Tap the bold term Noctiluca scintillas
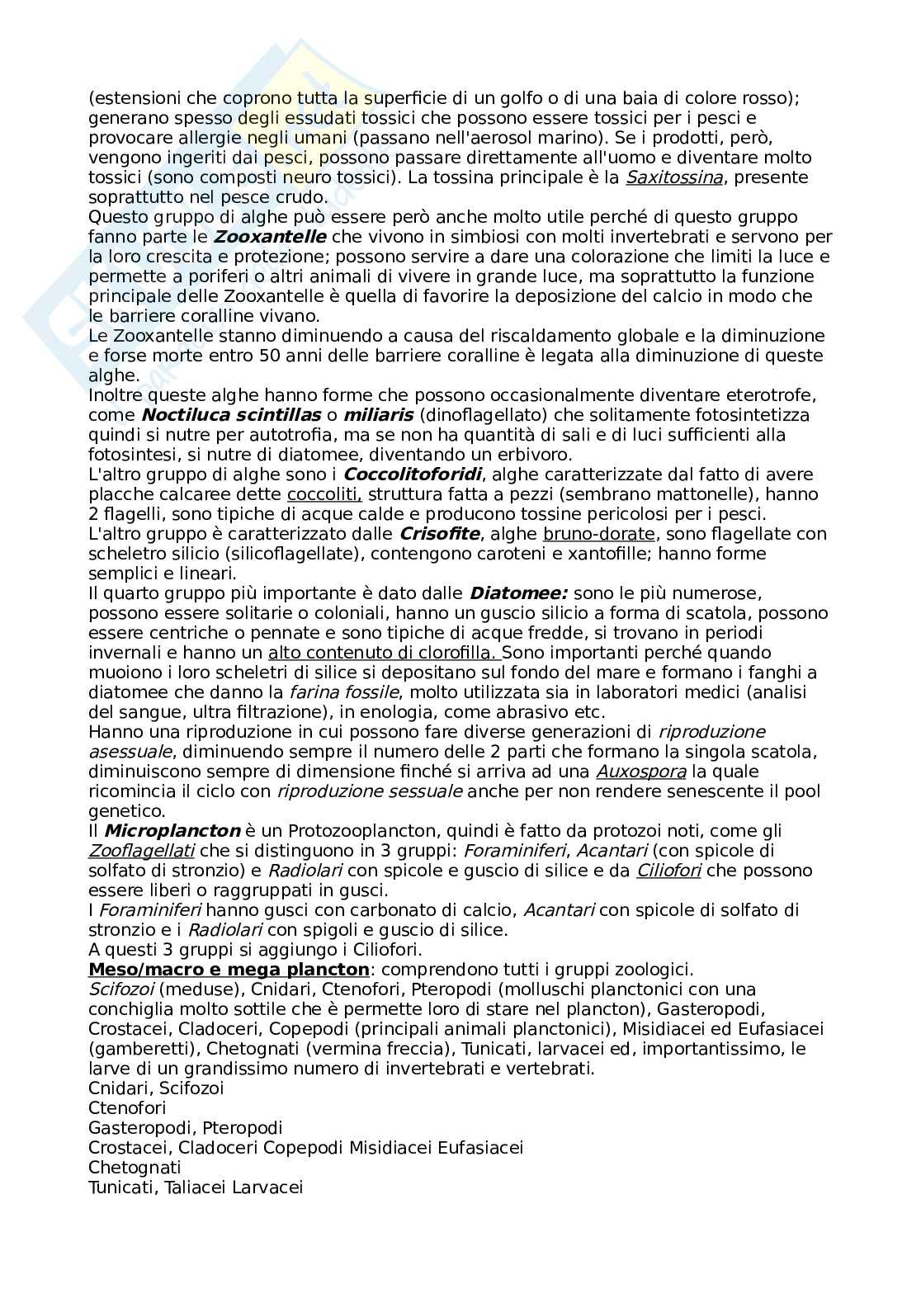[230, 415]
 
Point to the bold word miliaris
[378, 415]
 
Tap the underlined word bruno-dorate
[599, 534]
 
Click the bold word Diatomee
[518, 593]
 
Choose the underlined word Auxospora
[641, 772]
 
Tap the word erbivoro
[534, 455]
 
